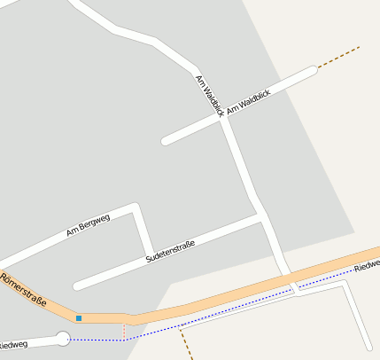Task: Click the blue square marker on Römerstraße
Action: point(79,317)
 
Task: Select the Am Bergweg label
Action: point(88,225)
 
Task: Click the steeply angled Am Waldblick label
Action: point(209,96)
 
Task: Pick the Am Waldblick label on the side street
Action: point(248,100)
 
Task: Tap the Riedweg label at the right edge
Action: point(366,267)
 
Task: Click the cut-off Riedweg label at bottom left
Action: point(13,344)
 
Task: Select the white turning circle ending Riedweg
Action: point(62,337)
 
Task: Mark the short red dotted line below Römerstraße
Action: point(123,330)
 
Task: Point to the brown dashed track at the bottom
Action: point(185,343)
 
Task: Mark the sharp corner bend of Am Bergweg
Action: point(135,208)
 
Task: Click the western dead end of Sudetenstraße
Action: point(77,286)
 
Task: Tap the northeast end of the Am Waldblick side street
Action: point(312,70)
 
